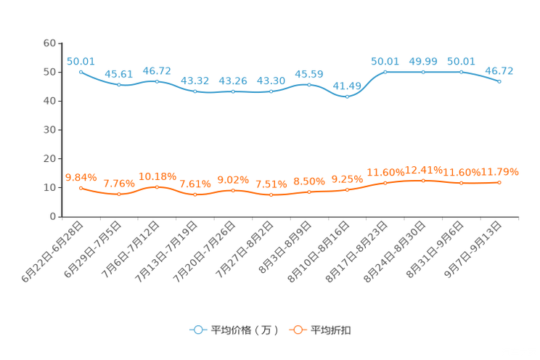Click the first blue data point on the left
pyautogui.click(x=80, y=72)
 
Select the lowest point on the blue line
pyautogui.click(x=347, y=97)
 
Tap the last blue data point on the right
pyautogui.click(x=499, y=81)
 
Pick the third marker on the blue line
pyautogui.click(x=157, y=81)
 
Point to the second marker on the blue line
pyautogui.click(x=118, y=84)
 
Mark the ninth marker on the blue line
pyautogui.click(x=385, y=72)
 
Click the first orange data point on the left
pyautogui.click(x=80, y=188)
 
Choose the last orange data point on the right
pyautogui.click(x=499, y=183)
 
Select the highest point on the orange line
pyautogui.click(x=423, y=181)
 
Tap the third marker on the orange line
pyautogui.click(x=157, y=187)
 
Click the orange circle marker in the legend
pyautogui.click(x=297, y=330)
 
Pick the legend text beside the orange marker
pyautogui.click(x=332, y=330)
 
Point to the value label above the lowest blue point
pyautogui.click(x=347, y=86)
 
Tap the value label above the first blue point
pyautogui.click(x=80, y=61)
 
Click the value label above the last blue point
pyautogui.click(x=499, y=70)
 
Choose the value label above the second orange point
pyautogui.click(x=118, y=184)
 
